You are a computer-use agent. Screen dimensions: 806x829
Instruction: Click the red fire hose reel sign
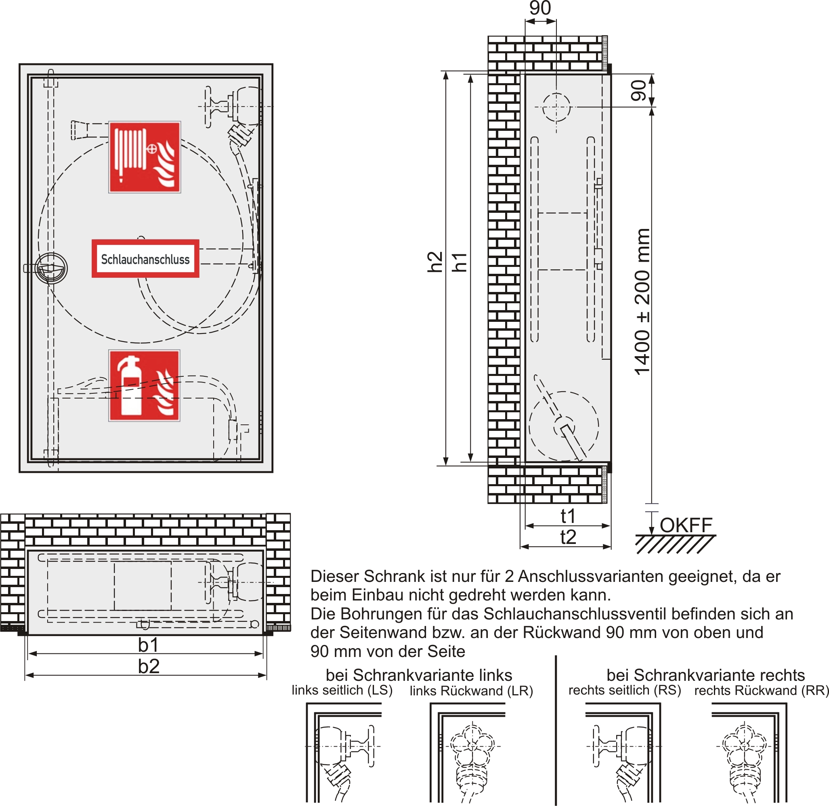[x=145, y=157]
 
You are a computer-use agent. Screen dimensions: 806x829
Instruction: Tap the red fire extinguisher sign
[x=145, y=385]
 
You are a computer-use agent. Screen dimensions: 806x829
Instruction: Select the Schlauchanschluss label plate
[x=145, y=259]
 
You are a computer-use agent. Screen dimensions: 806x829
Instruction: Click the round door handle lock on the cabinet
[x=51, y=268]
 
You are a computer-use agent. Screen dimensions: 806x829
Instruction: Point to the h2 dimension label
[x=435, y=262]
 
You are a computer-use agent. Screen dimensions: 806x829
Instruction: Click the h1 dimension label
[x=460, y=262]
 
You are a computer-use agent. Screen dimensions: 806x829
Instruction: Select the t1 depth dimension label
[x=568, y=516]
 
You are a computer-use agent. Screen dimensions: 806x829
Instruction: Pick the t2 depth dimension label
[x=568, y=537]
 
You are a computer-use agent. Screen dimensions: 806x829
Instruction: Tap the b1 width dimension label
[x=148, y=645]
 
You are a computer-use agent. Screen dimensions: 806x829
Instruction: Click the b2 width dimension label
[x=149, y=666]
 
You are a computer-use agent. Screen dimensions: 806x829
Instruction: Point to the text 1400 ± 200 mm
[x=642, y=301]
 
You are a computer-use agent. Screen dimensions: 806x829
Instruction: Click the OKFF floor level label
[x=686, y=525]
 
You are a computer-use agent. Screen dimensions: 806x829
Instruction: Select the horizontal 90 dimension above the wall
[x=540, y=8]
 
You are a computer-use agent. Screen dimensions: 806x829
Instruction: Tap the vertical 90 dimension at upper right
[x=638, y=90]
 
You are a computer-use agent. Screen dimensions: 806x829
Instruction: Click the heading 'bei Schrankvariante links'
[x=418, y=675]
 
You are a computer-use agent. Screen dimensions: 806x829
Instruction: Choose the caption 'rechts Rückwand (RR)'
[x=761, y=691]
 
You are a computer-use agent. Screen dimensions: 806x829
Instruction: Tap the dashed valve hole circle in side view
[x=556, y=107]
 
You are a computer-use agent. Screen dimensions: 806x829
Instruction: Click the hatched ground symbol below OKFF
[x=675, y=544]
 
